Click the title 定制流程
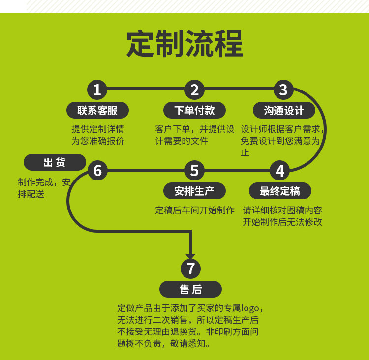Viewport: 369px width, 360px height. point(184,44)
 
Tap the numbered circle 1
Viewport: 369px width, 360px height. point(97,90)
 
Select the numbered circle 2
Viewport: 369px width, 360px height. point(194,90)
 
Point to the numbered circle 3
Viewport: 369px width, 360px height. point(283,90)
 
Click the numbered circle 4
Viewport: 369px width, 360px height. point(280,171)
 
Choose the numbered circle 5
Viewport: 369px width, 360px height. point(194,171)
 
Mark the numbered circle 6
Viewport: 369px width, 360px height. point(97,171)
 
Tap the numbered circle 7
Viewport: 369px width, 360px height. point(190,269)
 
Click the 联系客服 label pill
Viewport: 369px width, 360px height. point(97,110)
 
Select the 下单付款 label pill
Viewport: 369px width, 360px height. point(194,110)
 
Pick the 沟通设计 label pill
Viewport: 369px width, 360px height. point(284,110)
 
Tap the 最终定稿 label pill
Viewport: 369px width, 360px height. point(280,191)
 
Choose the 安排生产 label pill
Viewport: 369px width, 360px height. point(194,191)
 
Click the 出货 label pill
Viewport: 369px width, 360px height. point(55,162)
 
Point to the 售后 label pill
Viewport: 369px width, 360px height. point(190,289)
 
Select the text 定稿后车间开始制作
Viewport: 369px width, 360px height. point(195,210)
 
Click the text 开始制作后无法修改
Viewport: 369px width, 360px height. point(282,222)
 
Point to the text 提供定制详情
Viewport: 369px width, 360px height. point(98,129)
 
